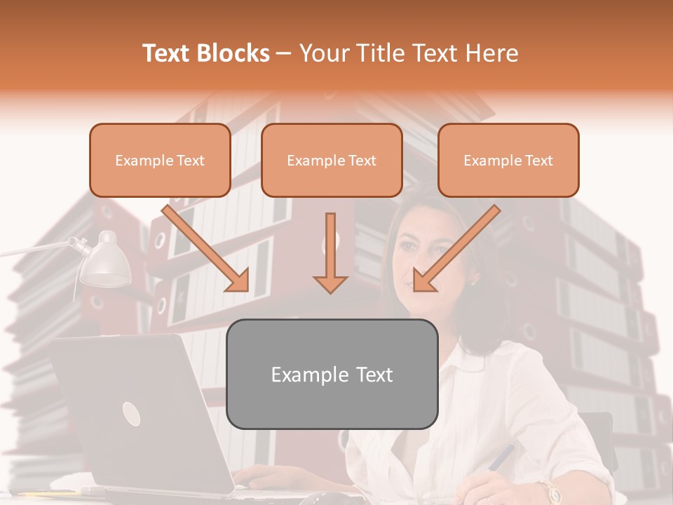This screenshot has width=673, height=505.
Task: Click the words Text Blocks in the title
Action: click(206, 53)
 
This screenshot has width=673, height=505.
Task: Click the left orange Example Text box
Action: click(160, 161)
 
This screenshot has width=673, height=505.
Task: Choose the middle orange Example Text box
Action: click(332, 161)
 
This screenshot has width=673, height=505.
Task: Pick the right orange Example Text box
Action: click(508, 161)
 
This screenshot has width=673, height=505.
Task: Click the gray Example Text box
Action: click(332, 374)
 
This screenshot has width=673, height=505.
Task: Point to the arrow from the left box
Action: click(207, 249)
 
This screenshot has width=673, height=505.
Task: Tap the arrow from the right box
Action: click(456, 249)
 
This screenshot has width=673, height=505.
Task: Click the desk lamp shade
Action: click(105, 263)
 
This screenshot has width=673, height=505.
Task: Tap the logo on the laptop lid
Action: click(131, 414)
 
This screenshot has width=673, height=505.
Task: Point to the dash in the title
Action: click(285, 53)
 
